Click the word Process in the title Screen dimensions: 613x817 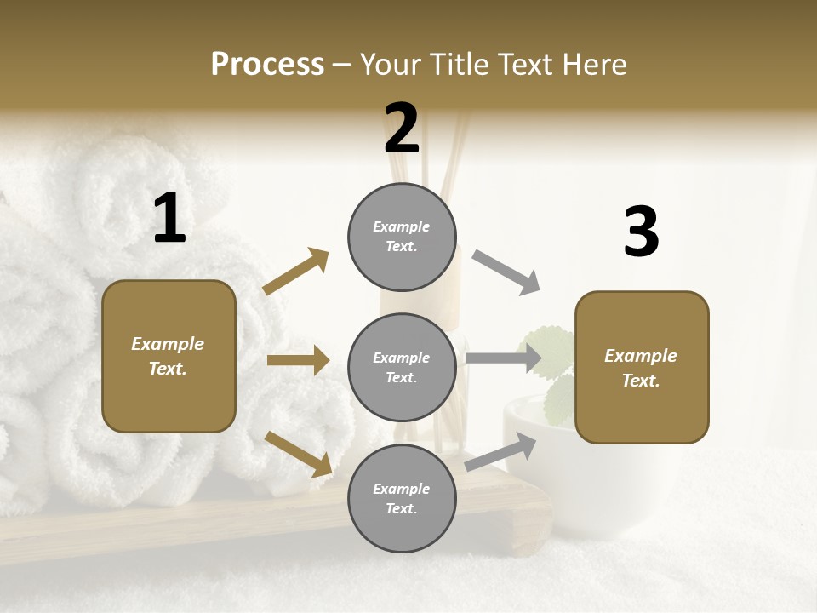(x=267, y=65)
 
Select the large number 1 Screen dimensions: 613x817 (x=169, y=219)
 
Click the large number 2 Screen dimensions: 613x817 (x=402, y=129)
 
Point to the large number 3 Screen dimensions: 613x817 (x=641, y=232)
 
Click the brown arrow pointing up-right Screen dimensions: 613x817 (x=296, y=271)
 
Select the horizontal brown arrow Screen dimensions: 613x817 (x=298, y=360)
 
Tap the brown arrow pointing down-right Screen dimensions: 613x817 (x=299, y=454)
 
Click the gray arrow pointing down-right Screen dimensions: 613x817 (x=506, y=272)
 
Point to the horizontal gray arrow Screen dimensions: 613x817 (x=504, y=358)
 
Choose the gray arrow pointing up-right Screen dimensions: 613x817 (x=501, y=452)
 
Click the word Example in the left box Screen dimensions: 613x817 (x=168, y=344)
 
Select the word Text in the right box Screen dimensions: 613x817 (x=639, y=381)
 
